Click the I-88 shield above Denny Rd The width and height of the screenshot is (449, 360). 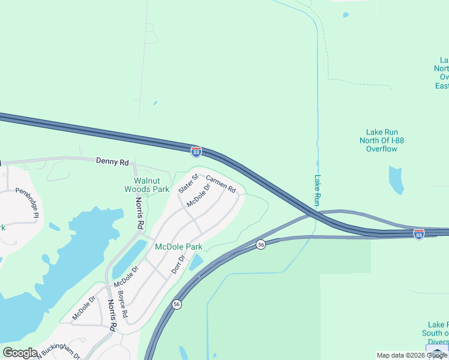coord(196,152)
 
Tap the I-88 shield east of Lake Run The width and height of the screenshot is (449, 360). coord(419,233)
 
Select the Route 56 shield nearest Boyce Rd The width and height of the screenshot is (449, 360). coord(176,305)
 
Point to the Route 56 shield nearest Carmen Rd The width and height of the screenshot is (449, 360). coord(261,244)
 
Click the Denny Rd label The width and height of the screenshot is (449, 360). coord(112,162)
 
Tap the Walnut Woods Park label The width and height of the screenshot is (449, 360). coord(151,185)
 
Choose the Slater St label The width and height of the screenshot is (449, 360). coord(188,184)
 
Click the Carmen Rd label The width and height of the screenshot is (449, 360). coord(221,184)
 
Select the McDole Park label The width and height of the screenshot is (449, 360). coord(179,247)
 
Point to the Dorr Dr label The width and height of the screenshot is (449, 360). coord(176,265)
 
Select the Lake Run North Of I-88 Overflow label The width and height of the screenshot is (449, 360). coord(382,140)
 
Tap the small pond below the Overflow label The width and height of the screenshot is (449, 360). coord(396,180)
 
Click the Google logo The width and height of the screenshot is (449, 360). coord(20,353)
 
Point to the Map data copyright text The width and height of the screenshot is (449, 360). coord(412,355)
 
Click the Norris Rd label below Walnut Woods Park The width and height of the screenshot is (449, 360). coord(140,214)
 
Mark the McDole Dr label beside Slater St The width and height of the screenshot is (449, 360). coord(199,196)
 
